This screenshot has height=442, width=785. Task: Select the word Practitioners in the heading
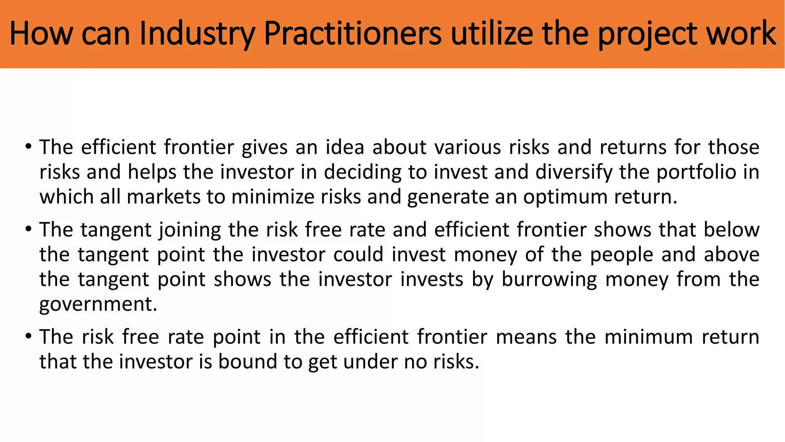(353, 34)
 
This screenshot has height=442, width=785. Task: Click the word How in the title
(41, 34)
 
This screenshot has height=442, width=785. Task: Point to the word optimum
(565, 197)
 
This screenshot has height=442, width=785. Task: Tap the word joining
(190, 230)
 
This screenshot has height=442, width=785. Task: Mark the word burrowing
(549, 280)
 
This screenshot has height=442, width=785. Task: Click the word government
(98, 305)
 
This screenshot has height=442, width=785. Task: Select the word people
(621, 255)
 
